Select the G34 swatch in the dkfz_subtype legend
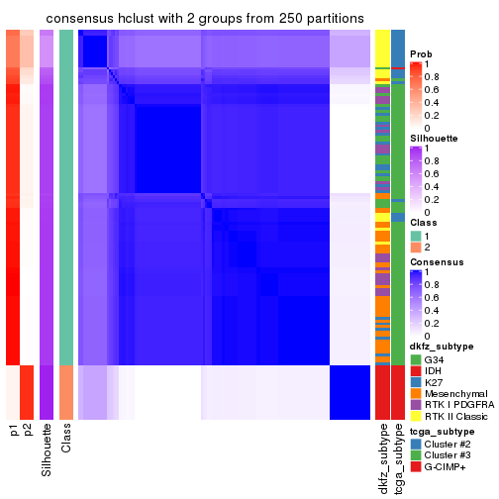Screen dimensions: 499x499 coord(415,359)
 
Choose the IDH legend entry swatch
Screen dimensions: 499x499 coord(415,373)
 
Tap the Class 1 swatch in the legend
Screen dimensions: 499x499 coord(415,236)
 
